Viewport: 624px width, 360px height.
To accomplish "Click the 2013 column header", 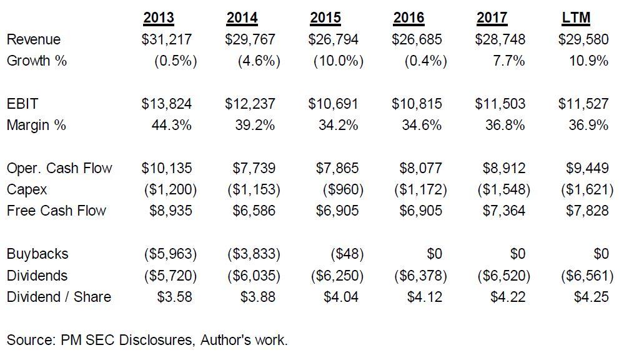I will [158, 17].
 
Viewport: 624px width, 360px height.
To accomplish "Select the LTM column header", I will [576, 17].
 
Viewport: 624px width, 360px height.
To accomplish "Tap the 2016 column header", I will [409, 17].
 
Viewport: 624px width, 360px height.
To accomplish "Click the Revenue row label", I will [34, 39].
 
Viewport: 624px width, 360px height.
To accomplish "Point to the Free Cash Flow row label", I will [56, 211].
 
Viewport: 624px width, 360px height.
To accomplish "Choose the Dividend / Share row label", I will [59, 297].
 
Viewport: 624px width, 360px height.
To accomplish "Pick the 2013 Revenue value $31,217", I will [167, 39].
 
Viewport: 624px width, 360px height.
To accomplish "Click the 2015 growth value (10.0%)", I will [338, 61].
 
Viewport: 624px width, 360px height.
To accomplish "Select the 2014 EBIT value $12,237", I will [250, 104].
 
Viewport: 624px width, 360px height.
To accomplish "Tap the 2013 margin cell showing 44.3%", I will [171, 125].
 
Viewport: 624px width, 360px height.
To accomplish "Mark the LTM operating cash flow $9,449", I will [583, 168].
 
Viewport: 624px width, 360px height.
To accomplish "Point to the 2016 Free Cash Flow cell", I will [420, 211].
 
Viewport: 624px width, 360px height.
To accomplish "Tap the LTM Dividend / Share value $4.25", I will [591, 297].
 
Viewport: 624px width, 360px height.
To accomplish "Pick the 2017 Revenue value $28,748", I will [500, 39].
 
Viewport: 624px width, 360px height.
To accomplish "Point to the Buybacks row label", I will [37, 254].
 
